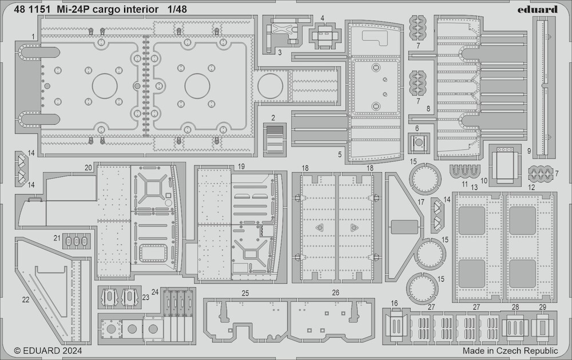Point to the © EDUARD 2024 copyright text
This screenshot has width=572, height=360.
(x=48, y=351)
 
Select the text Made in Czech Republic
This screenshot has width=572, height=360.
(x=510, y=351)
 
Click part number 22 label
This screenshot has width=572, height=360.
(x=26, y=300)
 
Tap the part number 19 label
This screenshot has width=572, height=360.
(x=241, y=167)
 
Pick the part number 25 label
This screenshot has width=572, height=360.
(x=245, y=293)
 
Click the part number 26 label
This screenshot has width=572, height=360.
(x=336, y=293)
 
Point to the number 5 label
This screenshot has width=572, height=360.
(x=340, y=155)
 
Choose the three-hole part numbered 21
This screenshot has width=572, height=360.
(x=76, y=240)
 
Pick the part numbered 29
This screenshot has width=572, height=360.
(x=542, y=326)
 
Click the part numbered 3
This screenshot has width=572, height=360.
(x=281, y=35)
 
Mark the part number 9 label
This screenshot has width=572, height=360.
(x=529, y=151)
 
